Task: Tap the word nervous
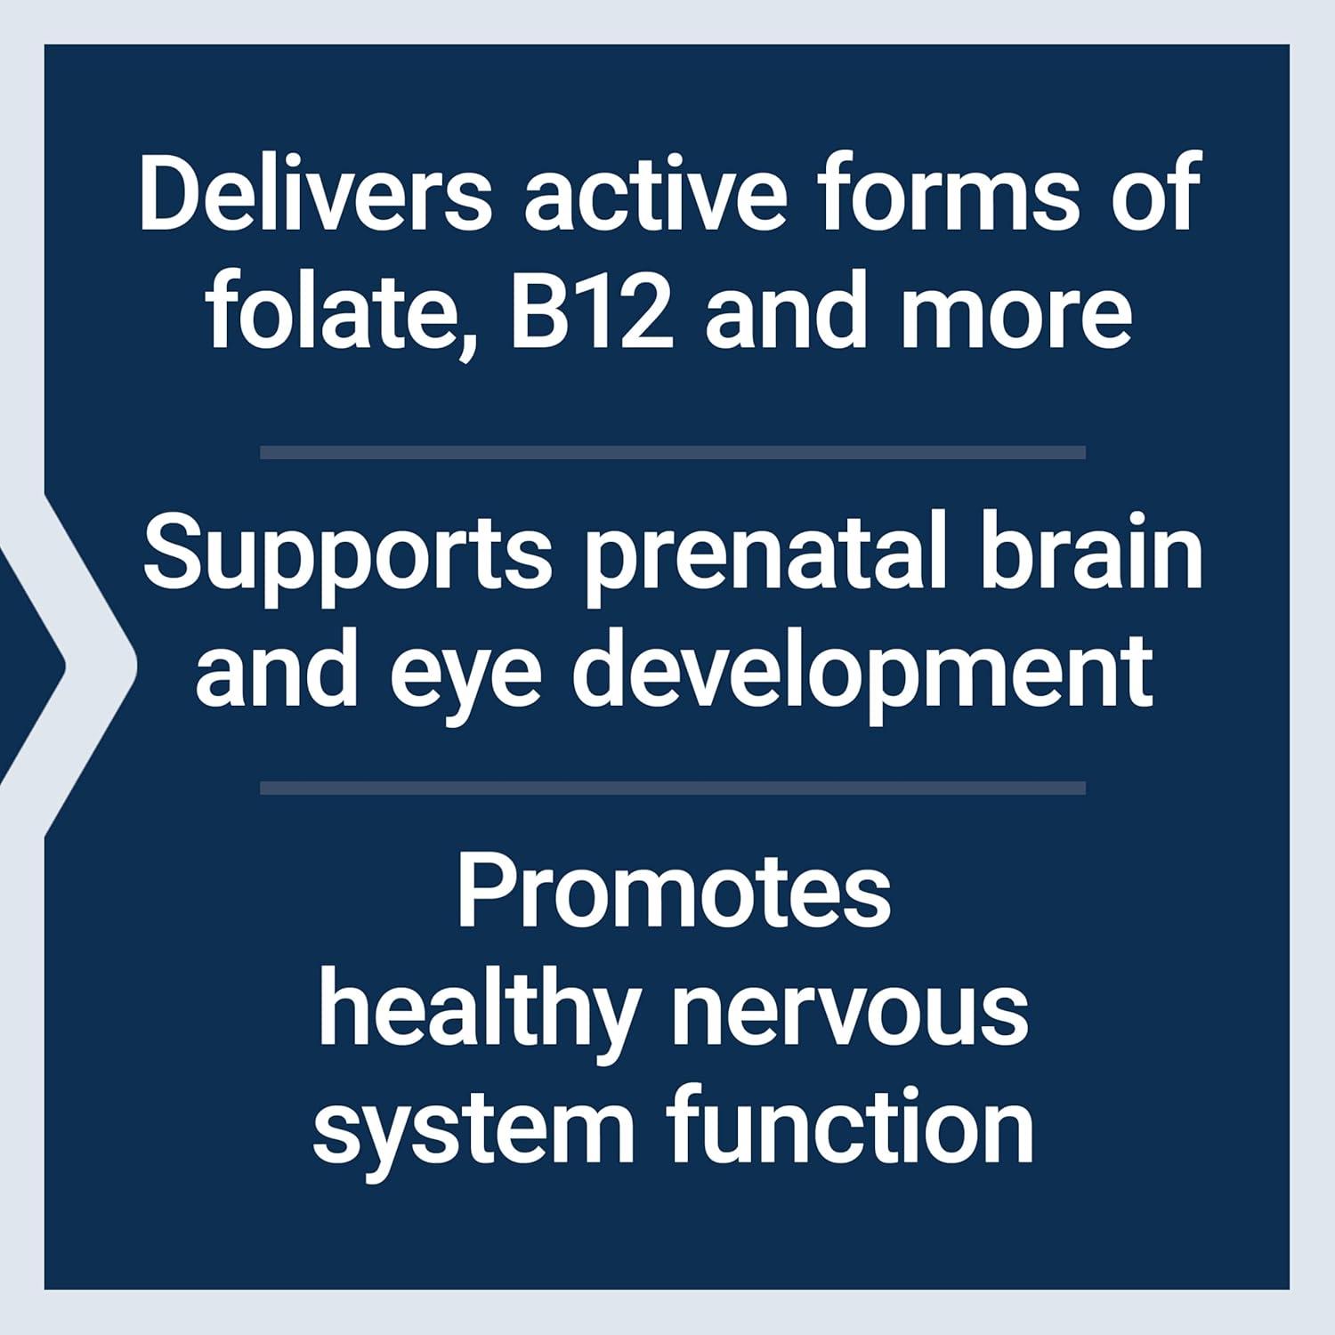coord(851,1012)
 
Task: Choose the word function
coord(853,1128)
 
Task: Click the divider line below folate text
coord(673,453)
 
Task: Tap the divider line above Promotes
coord(673,788)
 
